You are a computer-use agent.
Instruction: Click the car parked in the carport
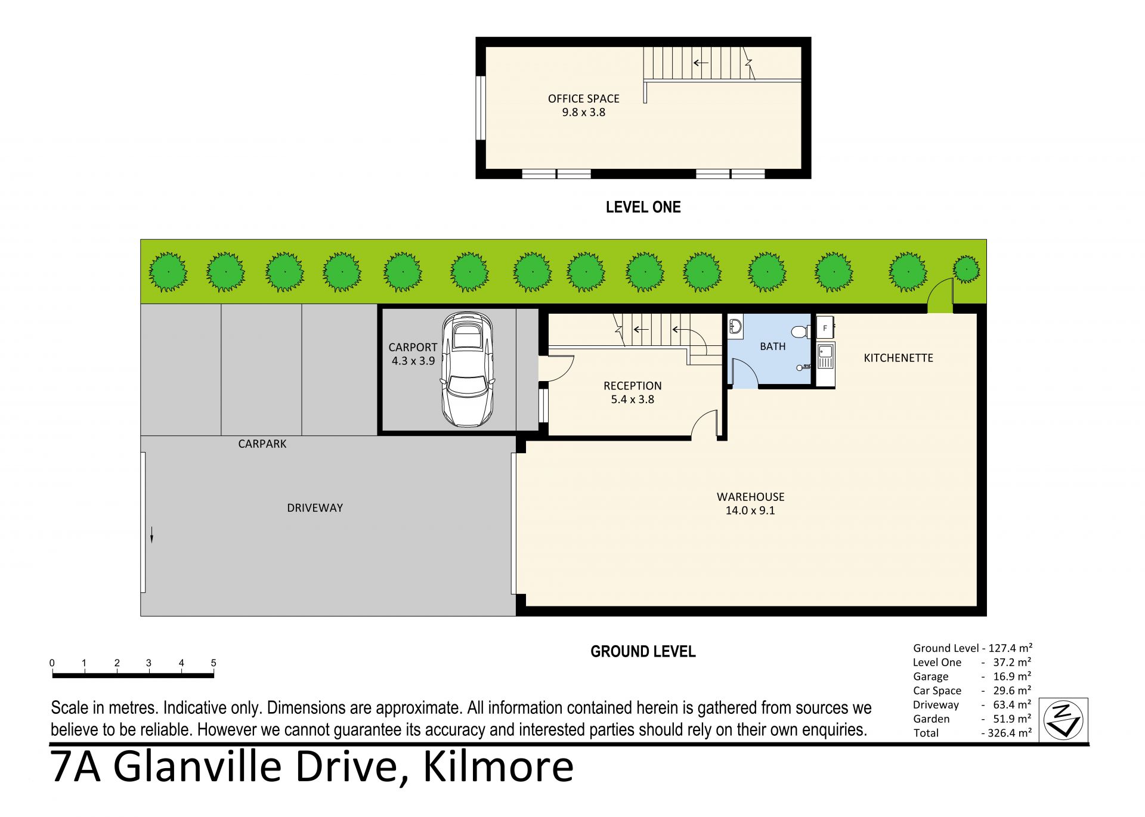click(x=468, y=369)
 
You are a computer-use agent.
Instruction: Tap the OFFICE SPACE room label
click(x=583, y=98)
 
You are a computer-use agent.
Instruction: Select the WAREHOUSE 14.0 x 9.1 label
click(x=750, y=503)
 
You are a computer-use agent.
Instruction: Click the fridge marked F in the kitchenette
click(x=825, y=327)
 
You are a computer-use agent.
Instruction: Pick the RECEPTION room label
click(x=632, y=386)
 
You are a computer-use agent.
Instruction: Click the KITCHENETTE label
click(x=898, y=358)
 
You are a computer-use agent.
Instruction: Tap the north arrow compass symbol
click(x=1063, y=720)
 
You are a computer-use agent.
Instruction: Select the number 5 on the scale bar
click(x=213, y=663)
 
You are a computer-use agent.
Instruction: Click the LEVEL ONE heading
click(x=643, y=207)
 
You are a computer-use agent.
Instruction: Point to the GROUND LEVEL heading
click(x=643, y=651)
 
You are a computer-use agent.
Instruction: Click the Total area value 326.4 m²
click(x=1009, y=733)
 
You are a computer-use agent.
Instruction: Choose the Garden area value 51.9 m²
click(x=1012, y=719)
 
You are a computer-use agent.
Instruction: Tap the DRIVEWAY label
click(x=315, y=508)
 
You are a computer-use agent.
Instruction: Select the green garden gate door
click(x=940, y=296)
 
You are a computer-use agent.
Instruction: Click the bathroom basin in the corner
click(x=735, y=326)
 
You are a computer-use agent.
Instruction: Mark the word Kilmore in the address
click(x=499, y=767)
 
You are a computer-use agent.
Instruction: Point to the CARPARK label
click(x=262, y=444)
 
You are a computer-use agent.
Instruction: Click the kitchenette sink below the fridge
click(x=825, y=356)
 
